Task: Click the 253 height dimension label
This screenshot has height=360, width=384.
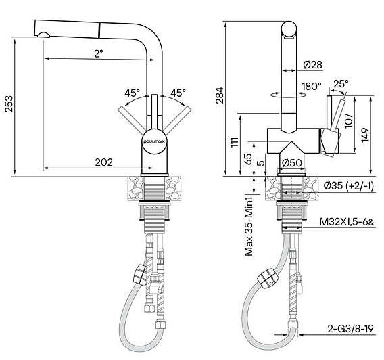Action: pos(9,104)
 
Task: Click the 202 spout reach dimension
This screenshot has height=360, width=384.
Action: pos(104,162)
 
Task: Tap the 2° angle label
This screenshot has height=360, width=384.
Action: pos(99,53)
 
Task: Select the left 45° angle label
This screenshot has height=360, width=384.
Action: pos(132,93)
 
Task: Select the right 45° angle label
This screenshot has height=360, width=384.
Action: pos(178,93)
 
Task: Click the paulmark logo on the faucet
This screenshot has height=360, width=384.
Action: pos(155,141)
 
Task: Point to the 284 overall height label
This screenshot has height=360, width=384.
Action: pos(220,95)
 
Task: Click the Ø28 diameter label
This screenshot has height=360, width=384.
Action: pos(313,65)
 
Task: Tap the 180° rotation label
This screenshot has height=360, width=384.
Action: pos(312,86)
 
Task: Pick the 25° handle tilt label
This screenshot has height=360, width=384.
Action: pos(341,84)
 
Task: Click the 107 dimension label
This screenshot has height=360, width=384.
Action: pos(348,120)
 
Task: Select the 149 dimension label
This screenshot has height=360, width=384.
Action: pos(365,135)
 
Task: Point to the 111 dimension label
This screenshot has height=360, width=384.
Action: pos(235,142)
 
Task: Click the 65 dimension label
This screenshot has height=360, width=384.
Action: pos(248,159)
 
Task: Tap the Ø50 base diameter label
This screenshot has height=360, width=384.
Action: pos(291,163)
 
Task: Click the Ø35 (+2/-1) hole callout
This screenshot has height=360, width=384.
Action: pos(349,186)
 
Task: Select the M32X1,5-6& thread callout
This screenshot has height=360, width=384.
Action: pos(347,222)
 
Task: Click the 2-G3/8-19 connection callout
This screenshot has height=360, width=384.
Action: pos(351,329)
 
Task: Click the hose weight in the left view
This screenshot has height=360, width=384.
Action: pos(139,275)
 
